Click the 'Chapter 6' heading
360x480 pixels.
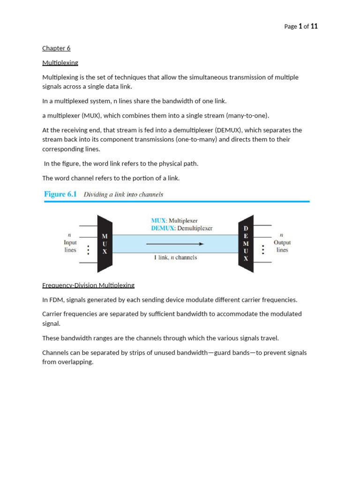[x=56, y=48]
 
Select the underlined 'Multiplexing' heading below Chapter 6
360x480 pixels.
[x=60, y=63]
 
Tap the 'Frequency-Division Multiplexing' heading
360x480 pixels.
[x=88, y=285]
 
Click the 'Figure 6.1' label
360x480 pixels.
[x=60, y=194]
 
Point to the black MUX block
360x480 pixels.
[x=105, y=244]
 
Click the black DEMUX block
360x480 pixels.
[x=246, y=244]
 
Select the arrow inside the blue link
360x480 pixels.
[x=175, y=244]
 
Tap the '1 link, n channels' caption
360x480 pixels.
[x=175, y=257]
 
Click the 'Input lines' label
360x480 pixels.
[x=70, y=246]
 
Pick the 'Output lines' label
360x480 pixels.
[x=282, y=246]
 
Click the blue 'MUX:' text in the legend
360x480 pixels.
[x=158, y=220]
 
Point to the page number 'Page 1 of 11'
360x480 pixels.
[x=301, y=27]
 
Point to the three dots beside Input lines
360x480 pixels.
[x=88, y=250]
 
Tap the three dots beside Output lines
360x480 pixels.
[x=263, y=250]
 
